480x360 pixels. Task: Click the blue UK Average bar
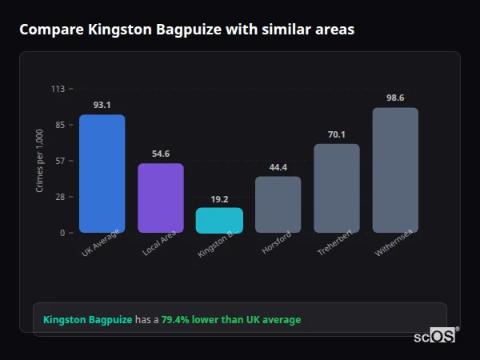[x=102, y=174]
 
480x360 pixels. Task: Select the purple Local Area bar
[x=161, y=198]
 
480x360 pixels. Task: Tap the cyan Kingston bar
[x=219, y=221]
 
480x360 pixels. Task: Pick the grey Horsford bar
[x=278, y=205]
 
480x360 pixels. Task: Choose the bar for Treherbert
[x=337, y=188]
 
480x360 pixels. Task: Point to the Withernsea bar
[x=395, y=170]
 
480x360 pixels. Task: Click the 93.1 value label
[x=102, y=105]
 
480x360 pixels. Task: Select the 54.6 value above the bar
[x=161, y=154]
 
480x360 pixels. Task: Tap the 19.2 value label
[x=219, y=198]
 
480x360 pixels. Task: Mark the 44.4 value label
[x=278, y=166]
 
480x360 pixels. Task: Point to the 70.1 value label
[x=337, y=134]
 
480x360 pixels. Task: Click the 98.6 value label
[x=395, y=98]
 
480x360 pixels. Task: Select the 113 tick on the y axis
[x=58, y=89]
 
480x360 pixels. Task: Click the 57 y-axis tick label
[x=59, y=161]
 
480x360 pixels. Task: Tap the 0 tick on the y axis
[x=62, y=233]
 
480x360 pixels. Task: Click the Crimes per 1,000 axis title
[x=40, y=161]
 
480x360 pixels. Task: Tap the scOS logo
[x=434, y=336]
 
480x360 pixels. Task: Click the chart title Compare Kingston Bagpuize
[x=186, y=30]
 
